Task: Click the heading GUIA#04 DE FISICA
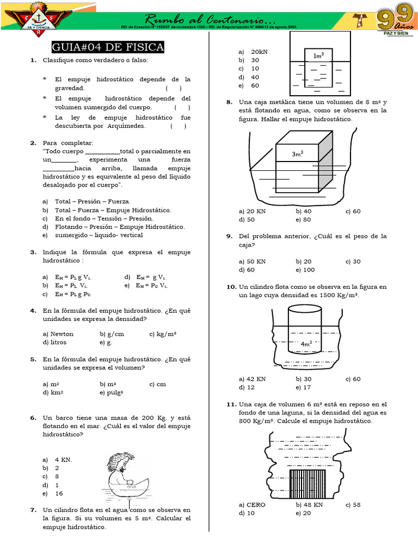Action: [x=108, y=47]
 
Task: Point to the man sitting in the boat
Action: [x=126, y=471]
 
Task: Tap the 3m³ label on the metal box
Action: [x=297, y=154]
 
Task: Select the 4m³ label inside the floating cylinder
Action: [x=306, y=344]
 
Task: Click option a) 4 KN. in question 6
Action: [x=57, y=460]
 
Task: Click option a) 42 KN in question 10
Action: [x=252, y=379]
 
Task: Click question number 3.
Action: [x=33, y=252]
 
